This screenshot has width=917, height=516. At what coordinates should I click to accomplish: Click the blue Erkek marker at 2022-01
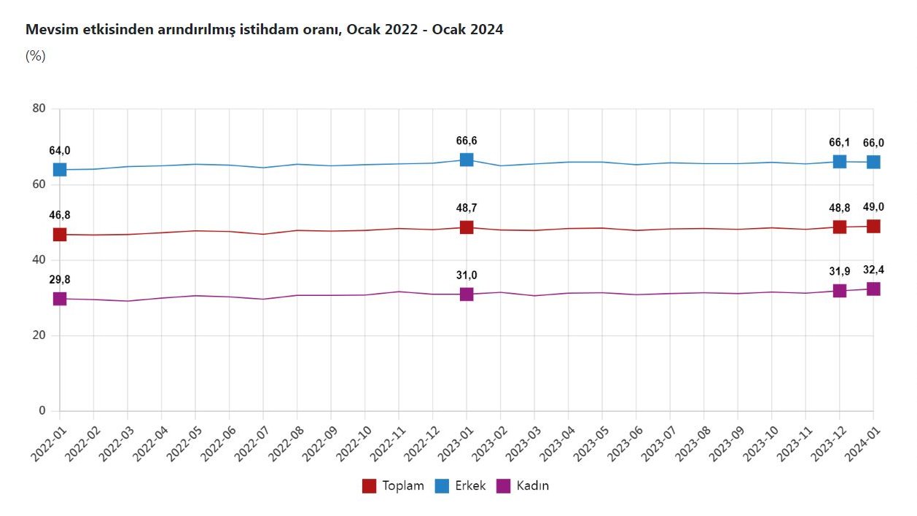[x=60, y=170]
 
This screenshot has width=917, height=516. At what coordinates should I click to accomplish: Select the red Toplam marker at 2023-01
[x=467, y=227]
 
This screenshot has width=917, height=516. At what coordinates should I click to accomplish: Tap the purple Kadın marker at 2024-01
[x=873, y=289]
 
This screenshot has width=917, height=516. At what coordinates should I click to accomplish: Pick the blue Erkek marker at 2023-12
[x=840, y=161]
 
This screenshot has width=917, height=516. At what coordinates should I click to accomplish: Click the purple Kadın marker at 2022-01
[x=60, y=299]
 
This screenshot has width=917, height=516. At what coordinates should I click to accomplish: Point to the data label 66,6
[x=467, y=141]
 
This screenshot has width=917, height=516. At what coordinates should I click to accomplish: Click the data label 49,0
[x=873, y=207]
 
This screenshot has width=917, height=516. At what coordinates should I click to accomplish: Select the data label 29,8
[x=60, y=279]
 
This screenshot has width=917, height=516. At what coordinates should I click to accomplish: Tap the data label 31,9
[x=840, y=271]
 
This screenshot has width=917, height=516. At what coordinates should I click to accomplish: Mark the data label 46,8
[x=60, y=215]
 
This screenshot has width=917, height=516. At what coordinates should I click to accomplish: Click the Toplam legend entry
[x=394, y=485]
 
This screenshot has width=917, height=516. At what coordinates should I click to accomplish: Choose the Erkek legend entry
[x=461, y=485]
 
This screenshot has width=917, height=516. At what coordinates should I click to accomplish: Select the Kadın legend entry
[x=523, y=485]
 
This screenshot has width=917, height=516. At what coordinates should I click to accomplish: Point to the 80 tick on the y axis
[x=39, y=109]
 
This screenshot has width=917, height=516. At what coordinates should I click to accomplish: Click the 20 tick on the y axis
[x=39, y=335]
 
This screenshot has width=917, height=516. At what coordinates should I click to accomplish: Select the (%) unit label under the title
[x=36, y=56]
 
